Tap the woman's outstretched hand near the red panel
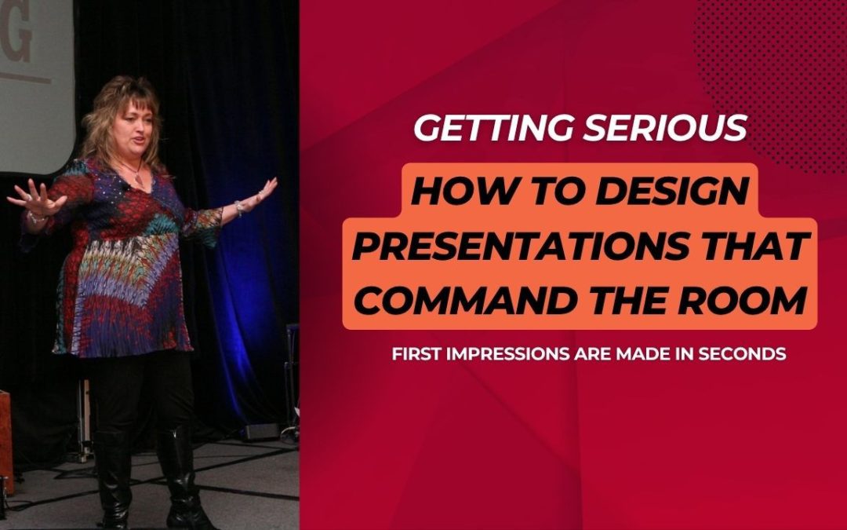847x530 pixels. (x=264, y=189)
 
